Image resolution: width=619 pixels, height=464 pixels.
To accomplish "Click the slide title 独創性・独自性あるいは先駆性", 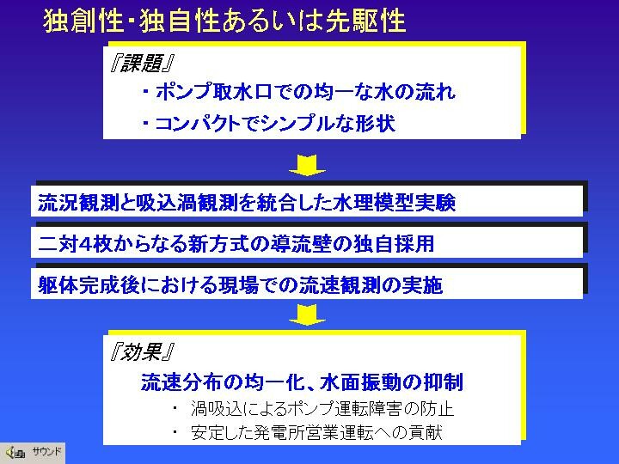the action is coord(224,21).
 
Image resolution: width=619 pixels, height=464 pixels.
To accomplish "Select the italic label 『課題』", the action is coord(141,63).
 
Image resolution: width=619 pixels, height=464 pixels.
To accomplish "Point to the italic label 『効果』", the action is coord(141,351).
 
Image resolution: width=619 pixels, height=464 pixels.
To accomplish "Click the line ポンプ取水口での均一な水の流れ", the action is coord(299,92).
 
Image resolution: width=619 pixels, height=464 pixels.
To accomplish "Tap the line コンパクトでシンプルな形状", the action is coord(269,124).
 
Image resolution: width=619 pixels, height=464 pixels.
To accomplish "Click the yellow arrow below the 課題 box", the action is coord(307,165).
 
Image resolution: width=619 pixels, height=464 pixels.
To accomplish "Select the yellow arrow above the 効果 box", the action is coord(307,314).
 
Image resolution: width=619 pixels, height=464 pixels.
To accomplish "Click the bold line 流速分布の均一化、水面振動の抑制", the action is coord(302,382).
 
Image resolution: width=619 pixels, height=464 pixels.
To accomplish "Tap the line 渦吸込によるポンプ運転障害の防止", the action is coord(322,409).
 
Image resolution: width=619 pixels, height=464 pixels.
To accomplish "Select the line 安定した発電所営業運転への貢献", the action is coord(316,432).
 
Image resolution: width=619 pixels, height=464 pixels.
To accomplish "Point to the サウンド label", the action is coord(47,451).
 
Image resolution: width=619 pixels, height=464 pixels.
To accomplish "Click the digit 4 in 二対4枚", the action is coord(86,244).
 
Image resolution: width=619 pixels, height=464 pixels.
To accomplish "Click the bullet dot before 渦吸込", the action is coord(175,407).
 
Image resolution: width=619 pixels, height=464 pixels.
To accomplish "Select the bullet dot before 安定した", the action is coord(175,431).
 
